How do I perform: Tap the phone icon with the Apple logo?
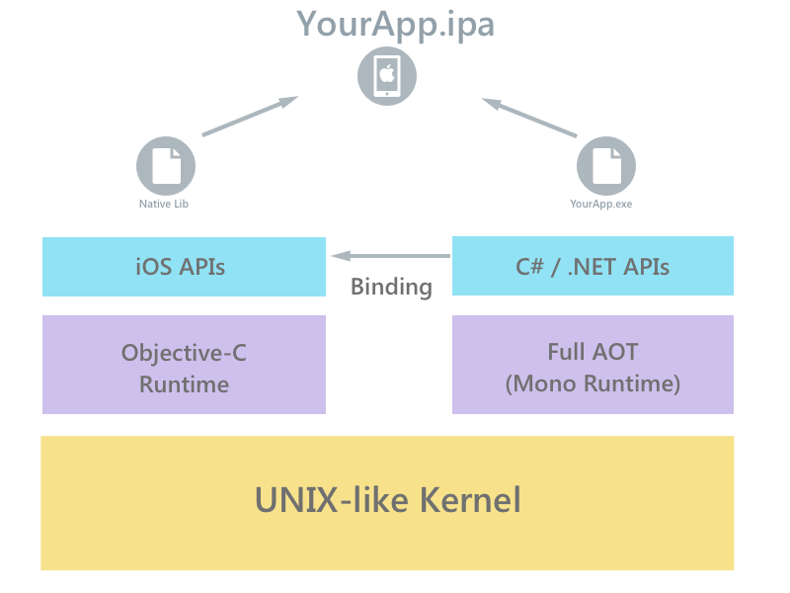[x=387, y=75]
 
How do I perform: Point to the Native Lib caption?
[x=164, y=205]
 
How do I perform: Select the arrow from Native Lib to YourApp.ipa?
[x=249, y=117]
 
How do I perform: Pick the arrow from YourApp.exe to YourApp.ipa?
[x=529, y=117]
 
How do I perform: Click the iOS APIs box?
[x=184, y=267]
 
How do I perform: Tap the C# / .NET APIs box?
[x=592, y=267]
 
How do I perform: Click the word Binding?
[x=392, y=288]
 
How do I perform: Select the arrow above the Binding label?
[x=391, y=256]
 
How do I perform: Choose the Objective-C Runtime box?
[x=184, y=366]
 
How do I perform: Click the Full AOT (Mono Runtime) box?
[x=592, y=366]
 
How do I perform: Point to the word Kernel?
[x=470, y=500]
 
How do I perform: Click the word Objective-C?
[x=184, y=352]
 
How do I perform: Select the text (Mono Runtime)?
[x=592, y=383]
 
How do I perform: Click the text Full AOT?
[x=592, y=351]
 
